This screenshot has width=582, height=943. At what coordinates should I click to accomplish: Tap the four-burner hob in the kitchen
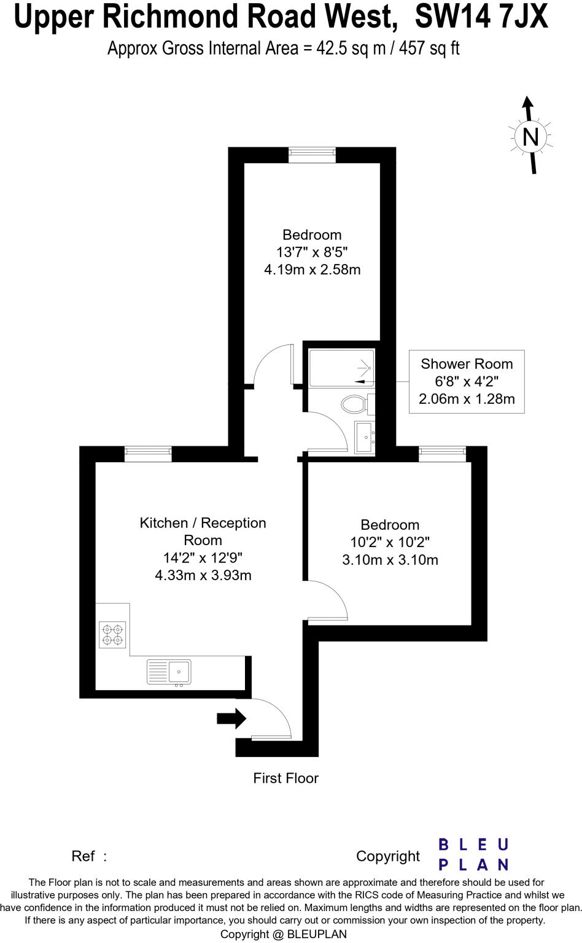(112, 635)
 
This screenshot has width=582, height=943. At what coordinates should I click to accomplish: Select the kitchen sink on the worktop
(169, 672)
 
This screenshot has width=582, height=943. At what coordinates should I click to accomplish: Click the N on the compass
(530, 136)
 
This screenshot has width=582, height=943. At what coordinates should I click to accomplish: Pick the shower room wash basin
(365, 437)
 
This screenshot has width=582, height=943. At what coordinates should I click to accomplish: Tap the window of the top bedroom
(312, 155)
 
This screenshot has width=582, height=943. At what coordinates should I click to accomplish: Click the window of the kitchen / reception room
(148, 454)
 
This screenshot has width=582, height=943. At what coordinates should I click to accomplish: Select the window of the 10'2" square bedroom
(442, 454)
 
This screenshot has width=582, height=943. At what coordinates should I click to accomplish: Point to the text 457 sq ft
(429, 49)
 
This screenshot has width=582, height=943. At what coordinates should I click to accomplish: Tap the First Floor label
(285, 778)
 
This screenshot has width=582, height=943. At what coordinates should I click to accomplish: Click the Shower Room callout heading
(467, 363)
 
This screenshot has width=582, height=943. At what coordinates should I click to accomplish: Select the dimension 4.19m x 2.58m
(312, 270)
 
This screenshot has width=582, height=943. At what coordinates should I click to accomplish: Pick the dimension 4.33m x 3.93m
(203, 575)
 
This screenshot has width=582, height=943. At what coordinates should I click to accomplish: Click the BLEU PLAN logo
(473, 855)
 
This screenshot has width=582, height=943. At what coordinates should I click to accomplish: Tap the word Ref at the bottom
(83, 856)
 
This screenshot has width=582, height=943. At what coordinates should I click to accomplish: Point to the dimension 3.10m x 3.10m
(390, 559)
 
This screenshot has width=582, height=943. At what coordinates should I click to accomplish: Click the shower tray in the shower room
(341, 368)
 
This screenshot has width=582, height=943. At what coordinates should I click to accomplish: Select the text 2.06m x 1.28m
(467, 399)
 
